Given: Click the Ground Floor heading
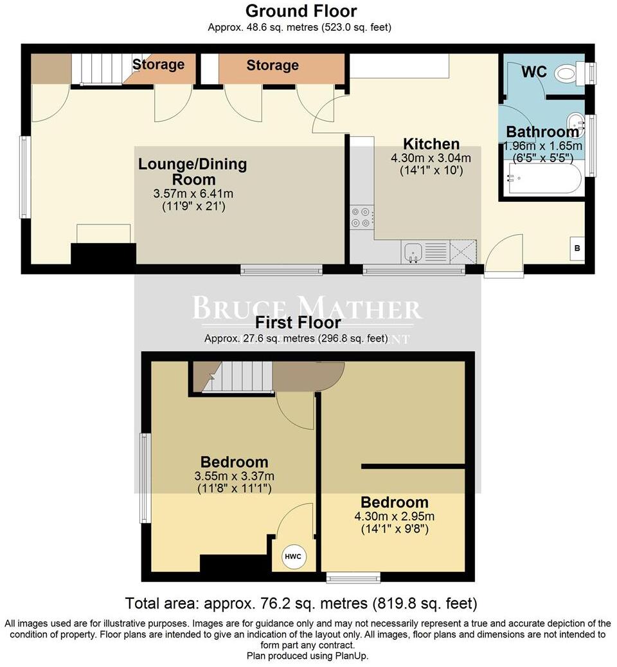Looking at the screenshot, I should coord(301,11).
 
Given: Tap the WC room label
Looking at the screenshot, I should coord(534,71).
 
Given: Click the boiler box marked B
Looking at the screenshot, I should coord(577,248).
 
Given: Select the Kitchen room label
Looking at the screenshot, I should coord(431,143).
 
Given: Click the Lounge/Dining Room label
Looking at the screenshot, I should coord(193,172).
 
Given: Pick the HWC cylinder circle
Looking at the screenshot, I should coord(293,556).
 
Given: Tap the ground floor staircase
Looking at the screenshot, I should coord(97,69).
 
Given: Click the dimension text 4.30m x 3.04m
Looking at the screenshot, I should coord(431,158).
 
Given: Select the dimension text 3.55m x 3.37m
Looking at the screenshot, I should coord(234,476).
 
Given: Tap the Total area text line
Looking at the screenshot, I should coord(301,603).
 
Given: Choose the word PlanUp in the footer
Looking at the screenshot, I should coord(352,655).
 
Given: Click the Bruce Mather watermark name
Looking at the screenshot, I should coord(307,308).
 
